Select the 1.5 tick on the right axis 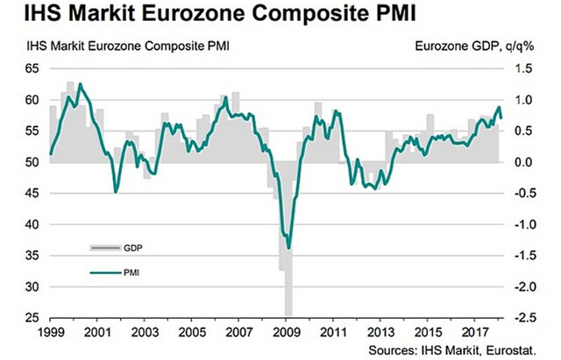pos(523,68)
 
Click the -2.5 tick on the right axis pos(525,317)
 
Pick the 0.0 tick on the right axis pos(523,162)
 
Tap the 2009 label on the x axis pos(287,334)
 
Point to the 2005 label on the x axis pos(191,334)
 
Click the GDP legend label pos(132,249)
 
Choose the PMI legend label pos(131,272)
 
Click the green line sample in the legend pos(104,272)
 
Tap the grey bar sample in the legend pos(104,249)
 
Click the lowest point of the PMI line pos(288,248)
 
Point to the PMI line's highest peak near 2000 pos(81,84)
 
